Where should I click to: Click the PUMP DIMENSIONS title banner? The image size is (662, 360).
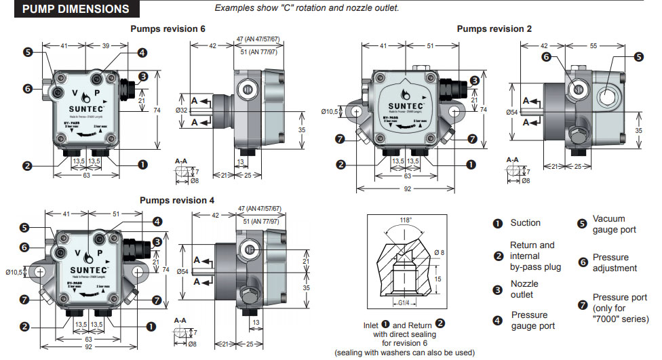[76, 9]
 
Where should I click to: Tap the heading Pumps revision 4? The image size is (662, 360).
[177, 200]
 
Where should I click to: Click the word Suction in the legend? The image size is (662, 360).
[526, 223]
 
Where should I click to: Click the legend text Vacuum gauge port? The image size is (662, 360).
[614, 224]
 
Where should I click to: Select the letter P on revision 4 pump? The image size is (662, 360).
[99, 253]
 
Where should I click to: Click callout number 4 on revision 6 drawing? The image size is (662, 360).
[142, 53]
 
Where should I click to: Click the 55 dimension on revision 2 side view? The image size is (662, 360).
[593, 46]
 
